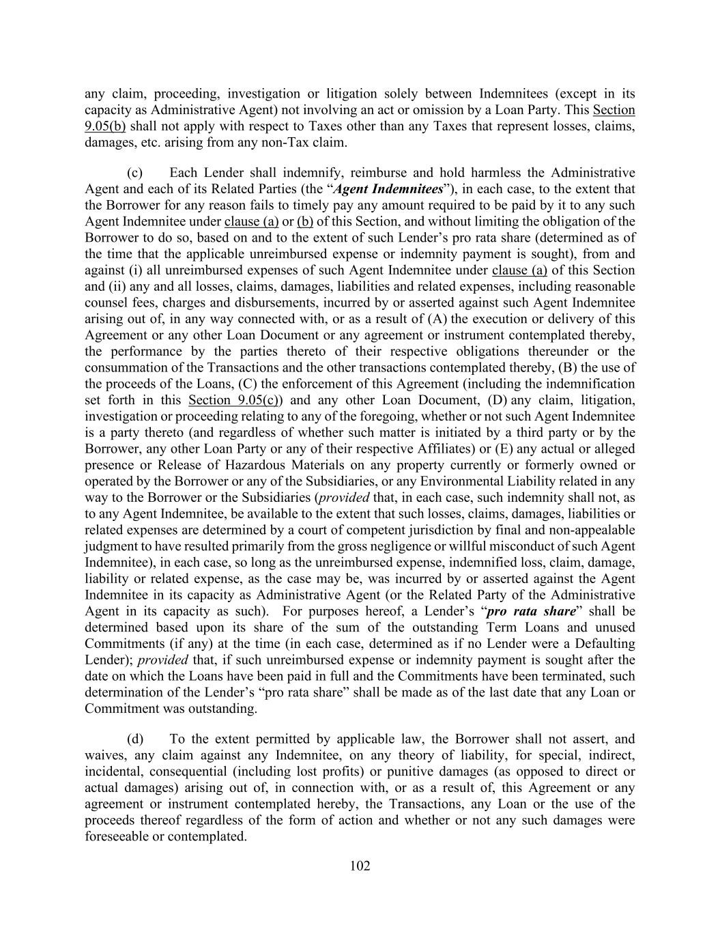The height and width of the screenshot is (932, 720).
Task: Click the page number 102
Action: tap(360, 866)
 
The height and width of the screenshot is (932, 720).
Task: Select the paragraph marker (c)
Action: tap(134, 173)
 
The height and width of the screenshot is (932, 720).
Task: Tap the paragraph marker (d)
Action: tap(134, 739)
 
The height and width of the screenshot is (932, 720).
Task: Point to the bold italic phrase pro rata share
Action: tap(531, 611)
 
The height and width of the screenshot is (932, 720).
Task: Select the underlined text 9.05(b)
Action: tap(105, 126)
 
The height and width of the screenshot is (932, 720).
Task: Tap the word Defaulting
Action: tap(602, 644)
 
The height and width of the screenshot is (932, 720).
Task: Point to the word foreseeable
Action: tap(115, 836)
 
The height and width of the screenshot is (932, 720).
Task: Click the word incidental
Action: tap(115, 772)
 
